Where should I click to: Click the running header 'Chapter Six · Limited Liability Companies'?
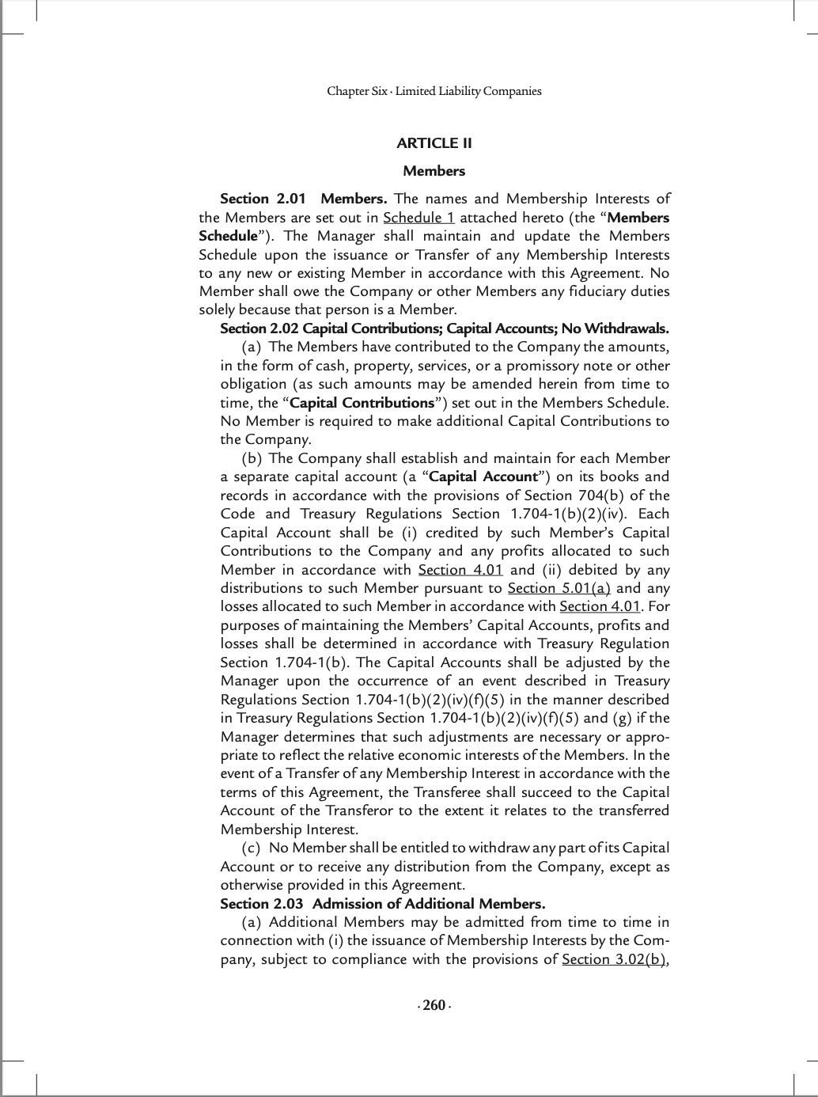pyautogui.click(x=434, y=91)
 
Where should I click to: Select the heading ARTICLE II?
pyautogui.click(x=434, y=143)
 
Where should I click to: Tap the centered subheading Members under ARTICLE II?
pyautogui.click(x=434, y=171)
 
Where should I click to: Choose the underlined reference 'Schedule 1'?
pyautogui.click(x=418, y=218)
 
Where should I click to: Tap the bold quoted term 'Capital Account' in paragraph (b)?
pyautogui.click(x=483, y=476)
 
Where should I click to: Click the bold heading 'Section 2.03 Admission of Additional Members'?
pyautogui.click(x=382, y=904)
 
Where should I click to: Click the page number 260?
pyautogui.click(x=434, y=1006)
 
